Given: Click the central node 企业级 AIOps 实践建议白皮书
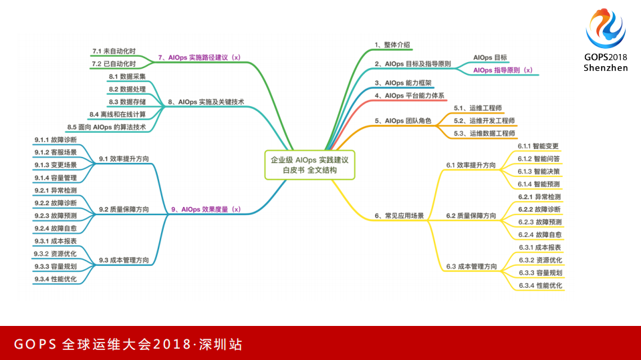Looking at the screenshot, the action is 309,165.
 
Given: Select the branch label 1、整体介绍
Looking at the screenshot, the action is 392,45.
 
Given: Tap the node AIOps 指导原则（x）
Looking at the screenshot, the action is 503,69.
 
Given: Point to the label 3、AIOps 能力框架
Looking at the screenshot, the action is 403,83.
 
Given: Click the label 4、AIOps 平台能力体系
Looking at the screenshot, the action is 410,96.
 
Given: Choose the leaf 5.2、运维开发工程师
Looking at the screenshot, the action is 484,120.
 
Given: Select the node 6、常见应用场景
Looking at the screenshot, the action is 399,216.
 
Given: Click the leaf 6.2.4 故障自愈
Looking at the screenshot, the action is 539,234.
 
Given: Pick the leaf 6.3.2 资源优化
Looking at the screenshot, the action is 540,260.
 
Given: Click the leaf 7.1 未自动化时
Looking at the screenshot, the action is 114,51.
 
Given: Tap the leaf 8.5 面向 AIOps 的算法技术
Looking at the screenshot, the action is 106,127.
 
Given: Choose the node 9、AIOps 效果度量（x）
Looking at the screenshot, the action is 206,209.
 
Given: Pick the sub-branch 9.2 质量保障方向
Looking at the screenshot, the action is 124,209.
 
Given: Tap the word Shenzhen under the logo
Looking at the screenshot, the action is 606,67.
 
